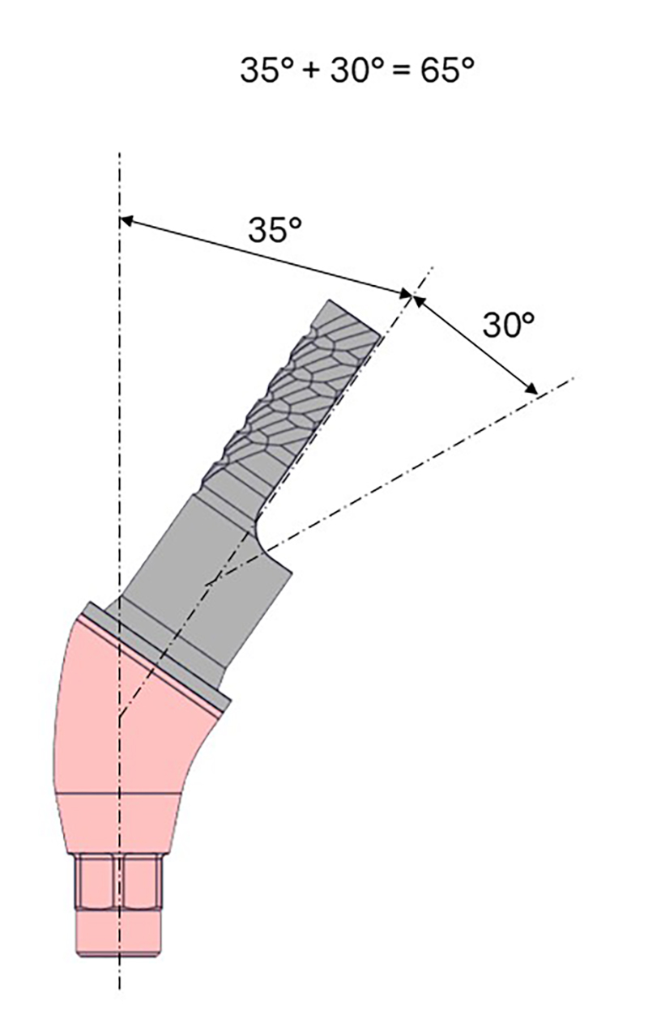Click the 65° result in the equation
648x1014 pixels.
[x=447, y=70]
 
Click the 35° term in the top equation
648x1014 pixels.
[x=267, y=70]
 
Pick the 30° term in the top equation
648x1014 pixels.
[x=357, y=70]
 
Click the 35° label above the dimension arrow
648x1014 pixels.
[x=275, y=230]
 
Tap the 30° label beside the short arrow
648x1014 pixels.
[x=509, y=325]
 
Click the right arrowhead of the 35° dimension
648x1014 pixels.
[x=405, y=294]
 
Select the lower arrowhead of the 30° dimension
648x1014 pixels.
[x=531, y=390]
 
